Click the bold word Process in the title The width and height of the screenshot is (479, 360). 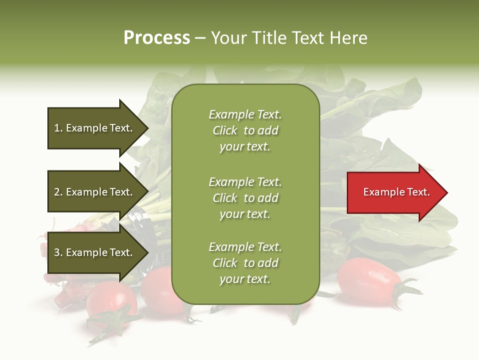pos(157,38)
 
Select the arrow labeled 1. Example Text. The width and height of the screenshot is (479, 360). pos(95,128)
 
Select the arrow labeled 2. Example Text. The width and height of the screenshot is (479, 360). pos(95,192)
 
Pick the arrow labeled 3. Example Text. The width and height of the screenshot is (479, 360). pos(95,252)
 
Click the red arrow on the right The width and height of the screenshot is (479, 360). pos(394,192)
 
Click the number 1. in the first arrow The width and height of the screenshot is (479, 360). pos(58,128)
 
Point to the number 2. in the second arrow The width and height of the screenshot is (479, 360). pos(58,192)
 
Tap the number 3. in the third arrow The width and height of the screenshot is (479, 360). pos(58,252)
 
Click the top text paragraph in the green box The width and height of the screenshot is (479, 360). pos(245,130)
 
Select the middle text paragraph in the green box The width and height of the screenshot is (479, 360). pos(245,198)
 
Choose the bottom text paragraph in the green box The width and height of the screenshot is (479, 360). pos(245,263)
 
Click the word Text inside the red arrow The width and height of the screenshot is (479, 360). pos(418,192)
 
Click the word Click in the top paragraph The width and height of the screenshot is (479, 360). pos(225,130)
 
